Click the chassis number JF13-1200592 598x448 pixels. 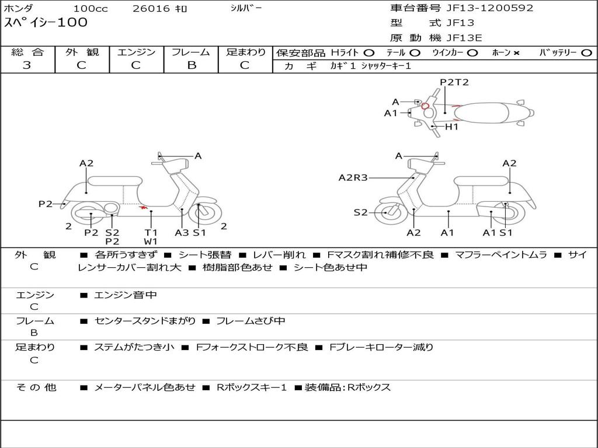coord(481,8)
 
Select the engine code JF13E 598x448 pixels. coord(464,38)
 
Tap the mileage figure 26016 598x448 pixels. coord(151,9)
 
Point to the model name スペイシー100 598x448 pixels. coord(46,23)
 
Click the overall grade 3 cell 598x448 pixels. coord(27,65)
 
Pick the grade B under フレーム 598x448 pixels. coord(191,65)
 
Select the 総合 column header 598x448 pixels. coord(27,52)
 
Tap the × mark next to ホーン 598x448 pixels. coord(516,53)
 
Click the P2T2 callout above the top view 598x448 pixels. coord(454,82)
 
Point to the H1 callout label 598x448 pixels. coord(451,127)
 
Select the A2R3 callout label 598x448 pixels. coord(353,178)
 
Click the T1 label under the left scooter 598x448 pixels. coord(151,232)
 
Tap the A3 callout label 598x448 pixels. coord(182,232)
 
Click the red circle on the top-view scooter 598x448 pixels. coord(425,106)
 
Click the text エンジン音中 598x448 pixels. coord(125,295)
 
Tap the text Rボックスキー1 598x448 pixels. coord(251,387)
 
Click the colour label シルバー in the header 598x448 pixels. coord(246,8)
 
